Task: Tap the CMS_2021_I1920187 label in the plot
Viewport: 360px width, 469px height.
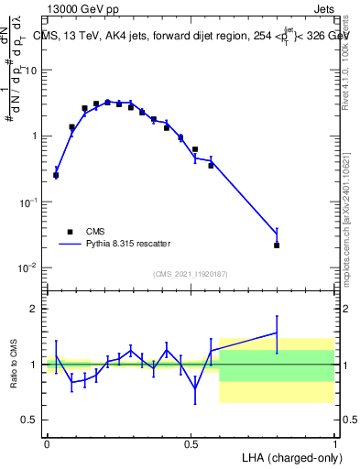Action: (x=191, y=273)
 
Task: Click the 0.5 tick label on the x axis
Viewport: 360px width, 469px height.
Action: (x=191, y=443)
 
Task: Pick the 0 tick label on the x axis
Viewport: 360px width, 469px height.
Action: (x=47, y=443)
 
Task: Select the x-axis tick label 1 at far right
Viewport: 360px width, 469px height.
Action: (x=334, y=443)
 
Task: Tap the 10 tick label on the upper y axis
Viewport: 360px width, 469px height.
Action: (x=31, y=71)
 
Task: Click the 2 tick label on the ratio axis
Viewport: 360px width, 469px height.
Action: (x=35, y=309)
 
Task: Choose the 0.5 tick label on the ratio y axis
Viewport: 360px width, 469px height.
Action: (x=30, y=420)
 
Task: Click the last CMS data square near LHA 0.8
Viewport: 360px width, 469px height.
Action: (x=277, y=245)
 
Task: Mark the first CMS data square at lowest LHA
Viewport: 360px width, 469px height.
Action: (x=56, y=175)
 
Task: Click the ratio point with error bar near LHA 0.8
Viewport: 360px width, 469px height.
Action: (x=277, y=333)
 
